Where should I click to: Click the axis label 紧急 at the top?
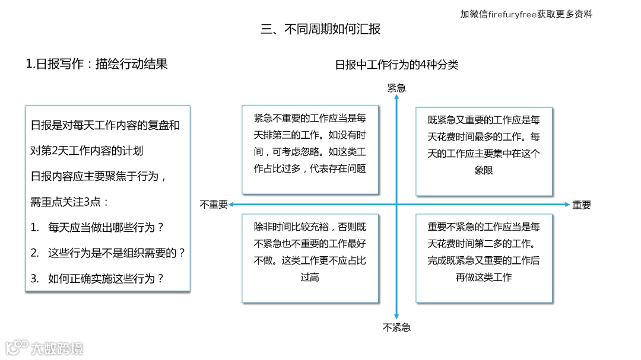pyautogui.click(x=396, y=88)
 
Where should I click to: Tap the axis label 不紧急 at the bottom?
pyautogui.click(x=396, y=327)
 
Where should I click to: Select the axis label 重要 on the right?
pyautogui.click(x=582, y=205)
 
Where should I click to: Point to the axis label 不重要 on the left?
pyautogui.click(x=214, y=205)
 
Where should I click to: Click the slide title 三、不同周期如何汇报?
pyautogui.click(x=320, y=29)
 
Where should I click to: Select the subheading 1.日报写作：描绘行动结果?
pyautogui.click(x=97, y=64)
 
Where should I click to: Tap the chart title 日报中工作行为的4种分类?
pyautogui.click(x=396, y=65)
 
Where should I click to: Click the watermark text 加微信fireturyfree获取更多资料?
pyautogui.click(x=526, y=14)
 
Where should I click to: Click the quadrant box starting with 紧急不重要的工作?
pyautogui.click(x=310, y=149)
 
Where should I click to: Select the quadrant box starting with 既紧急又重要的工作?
pyautogui.click(x=484, y=151)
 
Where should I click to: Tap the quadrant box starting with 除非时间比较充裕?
pyautogui.click(x=310, y=258)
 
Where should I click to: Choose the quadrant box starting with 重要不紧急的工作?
pyautogui.click(x=484, y=258)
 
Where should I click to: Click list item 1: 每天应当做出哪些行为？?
pyautogui.click(x=97, y=227)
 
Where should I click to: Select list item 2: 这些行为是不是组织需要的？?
pyautogui.click(x=108, y=253)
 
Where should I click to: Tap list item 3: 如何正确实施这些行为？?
pyautogui.click(x=97, y=279)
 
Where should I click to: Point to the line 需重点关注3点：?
pyautogui.click(x=69, y=202)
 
